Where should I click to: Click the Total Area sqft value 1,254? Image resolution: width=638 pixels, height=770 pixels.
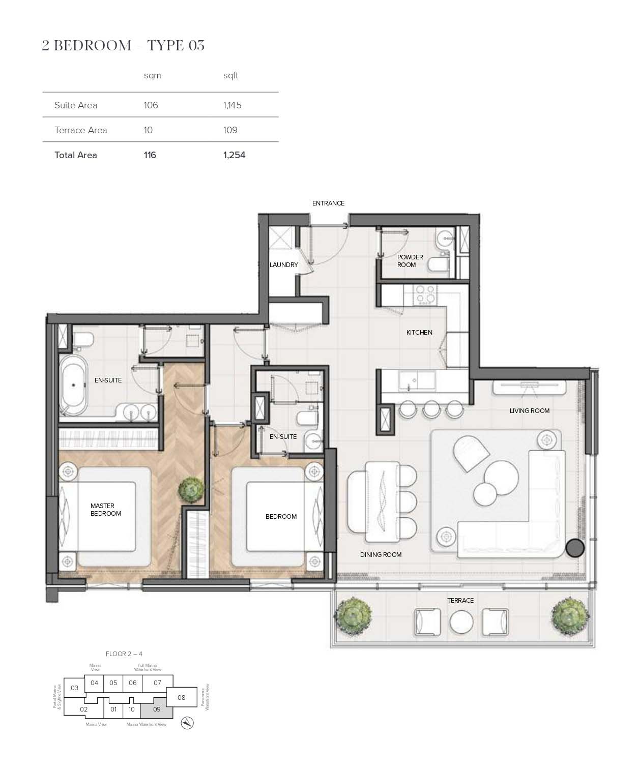[x=234, y=155]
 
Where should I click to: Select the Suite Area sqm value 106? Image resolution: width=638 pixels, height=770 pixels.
[x=151, y=105]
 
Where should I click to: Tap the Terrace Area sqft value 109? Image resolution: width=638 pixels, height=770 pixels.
[x=230, y=130]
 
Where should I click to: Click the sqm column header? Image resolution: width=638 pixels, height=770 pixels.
[x=152, y=75]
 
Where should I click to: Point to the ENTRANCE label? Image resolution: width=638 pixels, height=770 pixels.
[x=328, y=203]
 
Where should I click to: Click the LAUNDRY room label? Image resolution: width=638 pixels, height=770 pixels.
[x=283, y=264]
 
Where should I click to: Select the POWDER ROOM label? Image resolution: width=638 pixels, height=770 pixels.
[x=410, y=261]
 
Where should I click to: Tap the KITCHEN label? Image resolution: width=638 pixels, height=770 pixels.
[x=419, y=332]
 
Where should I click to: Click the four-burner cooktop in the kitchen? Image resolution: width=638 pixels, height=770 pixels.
[x=426, y=294]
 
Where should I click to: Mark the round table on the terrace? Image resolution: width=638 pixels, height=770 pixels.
[x=461, y=621]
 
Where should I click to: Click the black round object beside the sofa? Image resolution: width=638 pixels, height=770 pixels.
[x=575, y=548]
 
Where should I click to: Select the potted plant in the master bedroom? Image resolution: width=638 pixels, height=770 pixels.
[x=191, y=489]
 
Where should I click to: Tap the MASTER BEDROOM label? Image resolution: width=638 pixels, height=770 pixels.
[x=106, y=510]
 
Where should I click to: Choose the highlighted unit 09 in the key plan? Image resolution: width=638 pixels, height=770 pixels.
[x=157, y=709]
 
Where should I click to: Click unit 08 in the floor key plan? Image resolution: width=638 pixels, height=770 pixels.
[x=181, y=697]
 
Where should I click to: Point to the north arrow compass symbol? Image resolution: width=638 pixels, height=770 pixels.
[x=187, y=723]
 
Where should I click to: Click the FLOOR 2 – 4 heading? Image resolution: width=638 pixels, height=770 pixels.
[x=124, y=654]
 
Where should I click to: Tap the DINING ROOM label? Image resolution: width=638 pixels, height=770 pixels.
[x=381, y=554]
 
